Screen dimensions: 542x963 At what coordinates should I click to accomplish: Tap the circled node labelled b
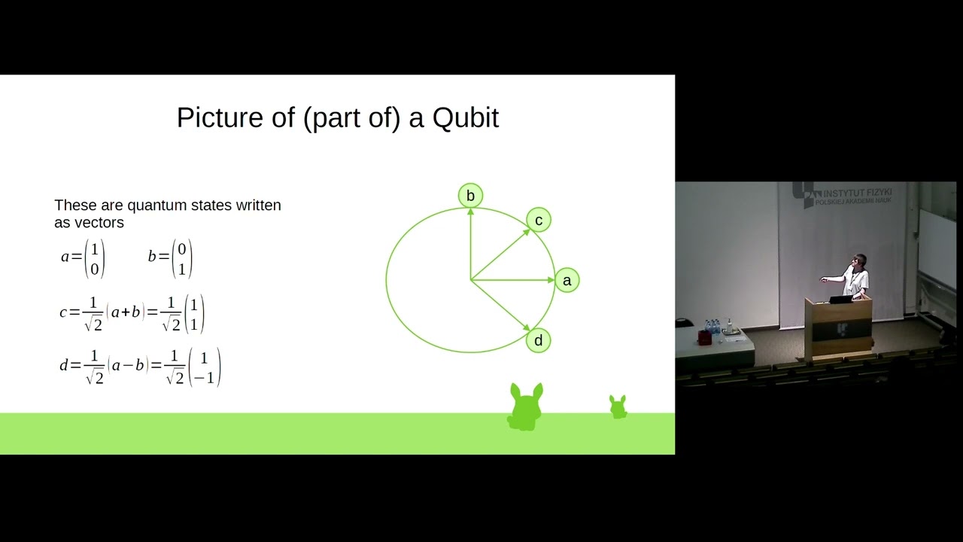[470, 196]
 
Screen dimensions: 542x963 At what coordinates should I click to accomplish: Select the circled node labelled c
[539, 220]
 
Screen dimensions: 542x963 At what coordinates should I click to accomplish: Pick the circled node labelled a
[567, 281]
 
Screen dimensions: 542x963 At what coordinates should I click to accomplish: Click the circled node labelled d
[538, 340]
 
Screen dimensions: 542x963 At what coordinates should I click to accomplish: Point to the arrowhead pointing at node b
[470, 213]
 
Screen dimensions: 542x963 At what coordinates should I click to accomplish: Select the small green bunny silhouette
[618, 406]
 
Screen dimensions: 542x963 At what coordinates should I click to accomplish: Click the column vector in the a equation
[95, 258]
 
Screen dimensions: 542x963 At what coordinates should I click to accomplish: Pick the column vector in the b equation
[181, 258]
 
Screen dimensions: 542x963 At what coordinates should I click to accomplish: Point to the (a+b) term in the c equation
[126, 312]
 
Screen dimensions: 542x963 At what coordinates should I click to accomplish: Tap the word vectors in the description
[98, 223]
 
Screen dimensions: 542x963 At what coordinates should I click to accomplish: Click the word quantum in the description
[153, 206]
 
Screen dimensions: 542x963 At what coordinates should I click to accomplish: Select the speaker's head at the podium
[860, 261]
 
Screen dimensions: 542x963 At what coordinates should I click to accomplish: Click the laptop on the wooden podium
[840, 298]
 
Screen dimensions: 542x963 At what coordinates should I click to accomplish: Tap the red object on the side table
[705, 337]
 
